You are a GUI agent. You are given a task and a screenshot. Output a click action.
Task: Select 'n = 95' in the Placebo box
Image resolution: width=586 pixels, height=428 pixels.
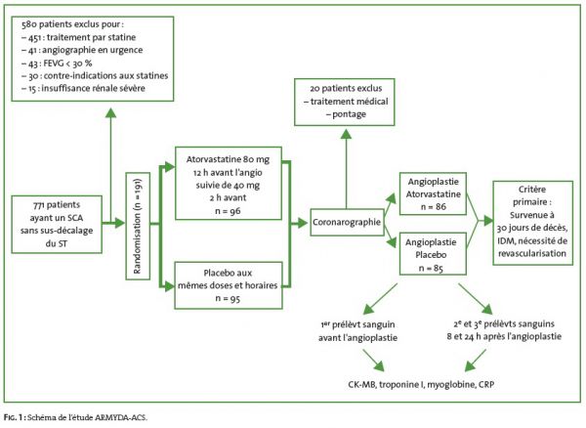click(227, 298)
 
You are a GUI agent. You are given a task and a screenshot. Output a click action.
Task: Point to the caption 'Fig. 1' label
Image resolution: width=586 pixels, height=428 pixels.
click(16, 415)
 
